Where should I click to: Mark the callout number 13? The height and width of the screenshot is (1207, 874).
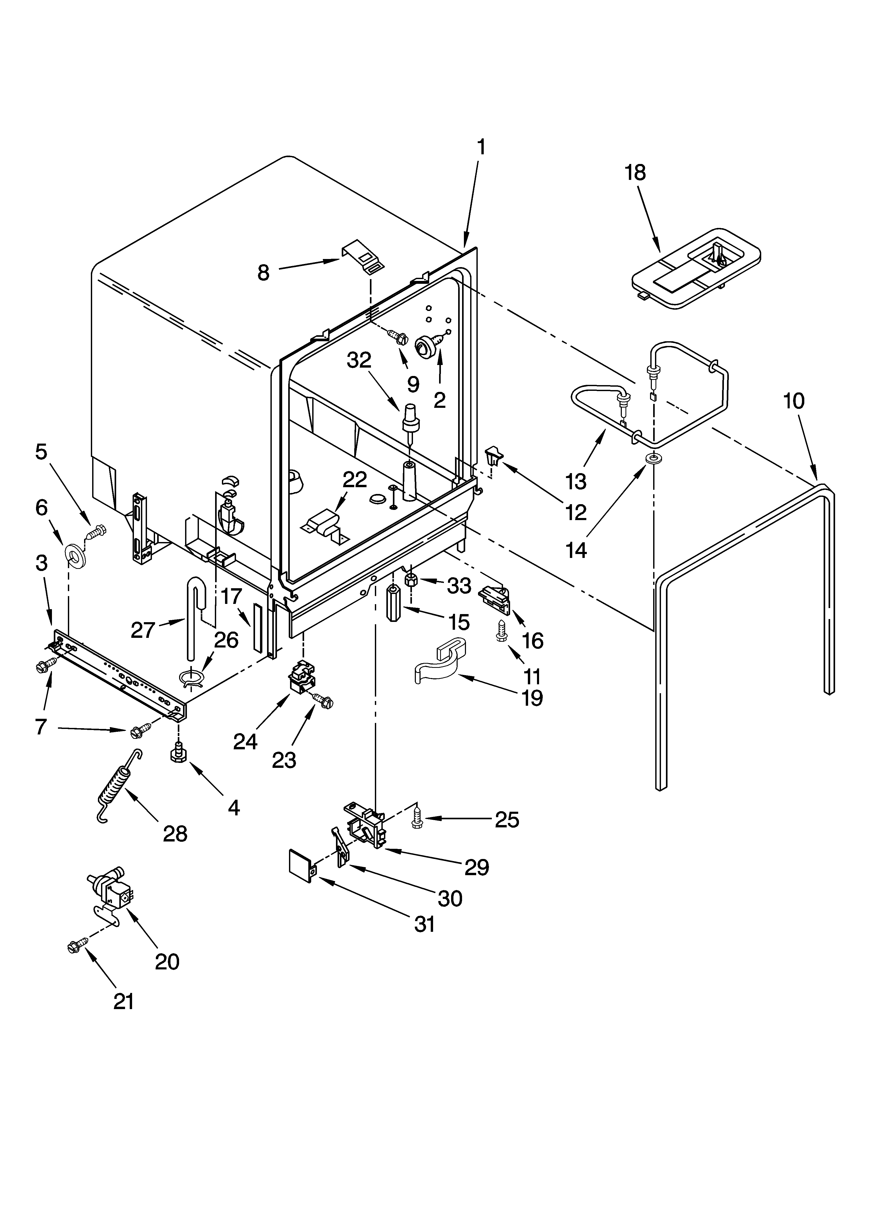(576, 481)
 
